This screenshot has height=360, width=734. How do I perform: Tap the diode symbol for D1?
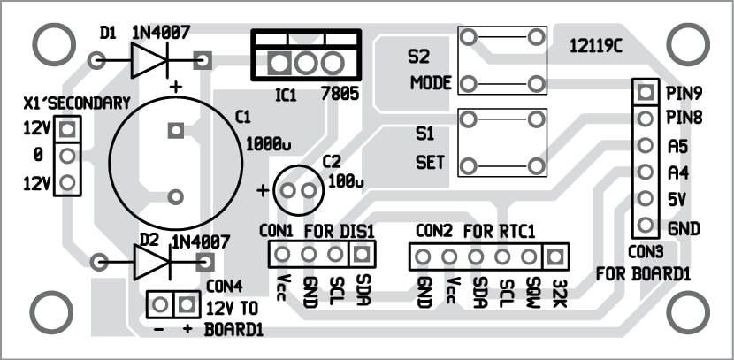(x=147, y=60)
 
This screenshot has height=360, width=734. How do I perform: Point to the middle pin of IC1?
(x=306, y=63)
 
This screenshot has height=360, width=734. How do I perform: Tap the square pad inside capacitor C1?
(x=175, y=130)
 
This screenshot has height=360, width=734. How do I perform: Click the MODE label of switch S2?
(x=431, y=84)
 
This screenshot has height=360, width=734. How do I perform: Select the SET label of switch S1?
(x=430, y=164)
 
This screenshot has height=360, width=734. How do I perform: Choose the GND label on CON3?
(x=684, y=228)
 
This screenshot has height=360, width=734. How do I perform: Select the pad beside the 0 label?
(x=66, y=157)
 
